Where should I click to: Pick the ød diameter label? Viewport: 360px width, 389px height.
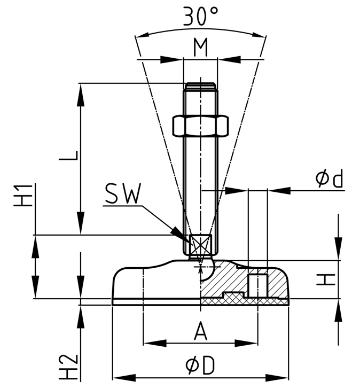tap(328, 179)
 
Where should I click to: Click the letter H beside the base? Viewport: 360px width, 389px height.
tap(326, 279)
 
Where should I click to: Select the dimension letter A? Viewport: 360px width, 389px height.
tap(200, 331)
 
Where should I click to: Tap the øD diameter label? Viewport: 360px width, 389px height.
tap(200, 365)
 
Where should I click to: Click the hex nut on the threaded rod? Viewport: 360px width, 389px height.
tap(200, 127)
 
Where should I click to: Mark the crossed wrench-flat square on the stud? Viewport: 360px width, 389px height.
tap(200, 245)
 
